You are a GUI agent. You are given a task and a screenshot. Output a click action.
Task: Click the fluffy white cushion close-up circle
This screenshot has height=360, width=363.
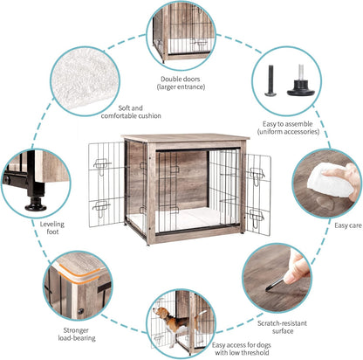[x=84, y=75]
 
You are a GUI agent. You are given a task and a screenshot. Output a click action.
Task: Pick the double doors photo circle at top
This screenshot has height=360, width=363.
[x=181, y=32]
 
